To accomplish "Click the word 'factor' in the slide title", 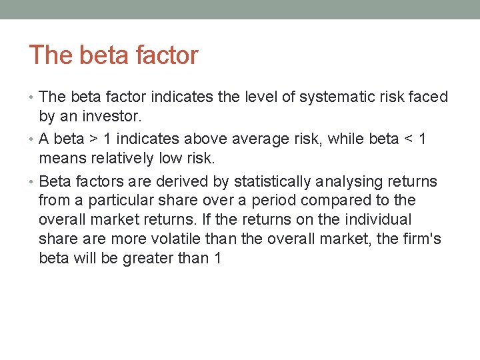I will (x=166, y=55).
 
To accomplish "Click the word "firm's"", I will (x=423, y=239).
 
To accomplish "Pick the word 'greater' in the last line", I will (x=149, y=257).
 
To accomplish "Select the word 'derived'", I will (x=177, y=181).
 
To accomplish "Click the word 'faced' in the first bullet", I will (x=429, y=97).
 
